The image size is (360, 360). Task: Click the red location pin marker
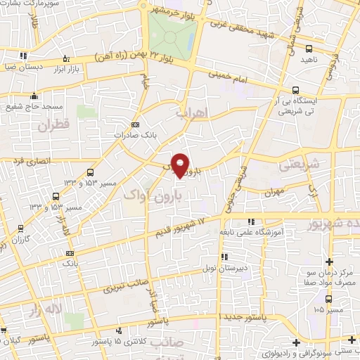coord(181,165)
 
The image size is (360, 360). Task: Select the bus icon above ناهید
coord(309,49)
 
